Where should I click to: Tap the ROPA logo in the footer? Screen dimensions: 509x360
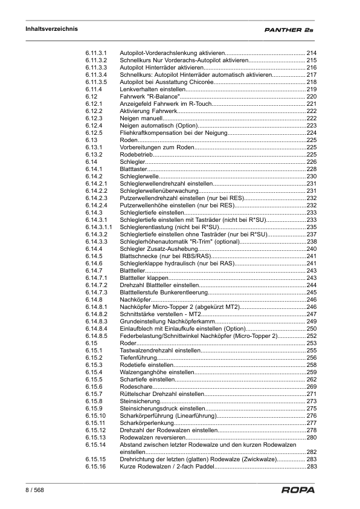coord(298,490)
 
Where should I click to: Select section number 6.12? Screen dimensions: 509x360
coord(91,96)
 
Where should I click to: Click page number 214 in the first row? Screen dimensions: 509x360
coord(312,53)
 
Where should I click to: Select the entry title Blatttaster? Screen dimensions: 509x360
coord(133,169)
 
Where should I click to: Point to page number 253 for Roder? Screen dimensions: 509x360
coord(312,343)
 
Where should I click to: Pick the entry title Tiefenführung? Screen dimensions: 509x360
coord(138,357)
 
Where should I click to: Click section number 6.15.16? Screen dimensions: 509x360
coord(95,466)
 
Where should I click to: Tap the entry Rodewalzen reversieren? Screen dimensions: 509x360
coord(152,437)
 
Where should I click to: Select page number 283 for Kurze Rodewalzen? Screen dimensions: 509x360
coord(312,466)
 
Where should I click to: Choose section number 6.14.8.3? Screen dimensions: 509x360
coord(97,321)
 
